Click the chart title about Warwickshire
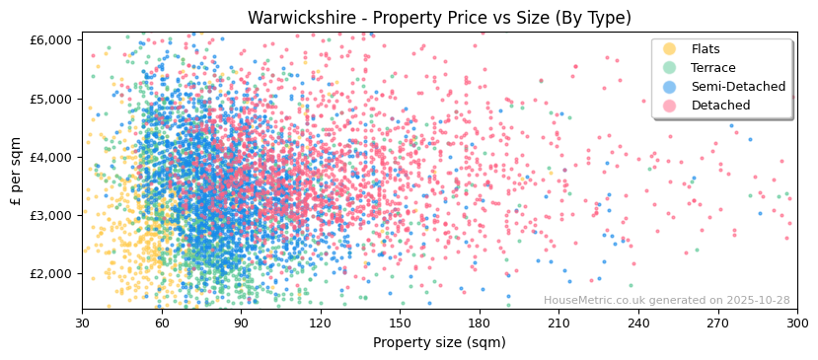tap(439, 18)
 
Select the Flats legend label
tap(705, 49)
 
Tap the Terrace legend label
tap(712, 68)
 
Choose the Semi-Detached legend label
tap(738, 87)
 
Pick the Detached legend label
tap(720, 106)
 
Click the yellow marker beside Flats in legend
tap(669, 49)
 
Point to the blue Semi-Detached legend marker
tap(669, 87)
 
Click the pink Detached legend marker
tap(669, 106)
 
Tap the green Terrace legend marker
tap(669, 68)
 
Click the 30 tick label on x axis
tap(82, 324)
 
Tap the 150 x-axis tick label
tap(400, 324)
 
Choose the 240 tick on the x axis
tap(638, 324)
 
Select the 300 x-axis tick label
tap(796, 324)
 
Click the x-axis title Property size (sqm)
tap(439, 343)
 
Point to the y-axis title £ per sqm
tap(17, 172)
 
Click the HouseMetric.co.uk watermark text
tap(666, 301)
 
